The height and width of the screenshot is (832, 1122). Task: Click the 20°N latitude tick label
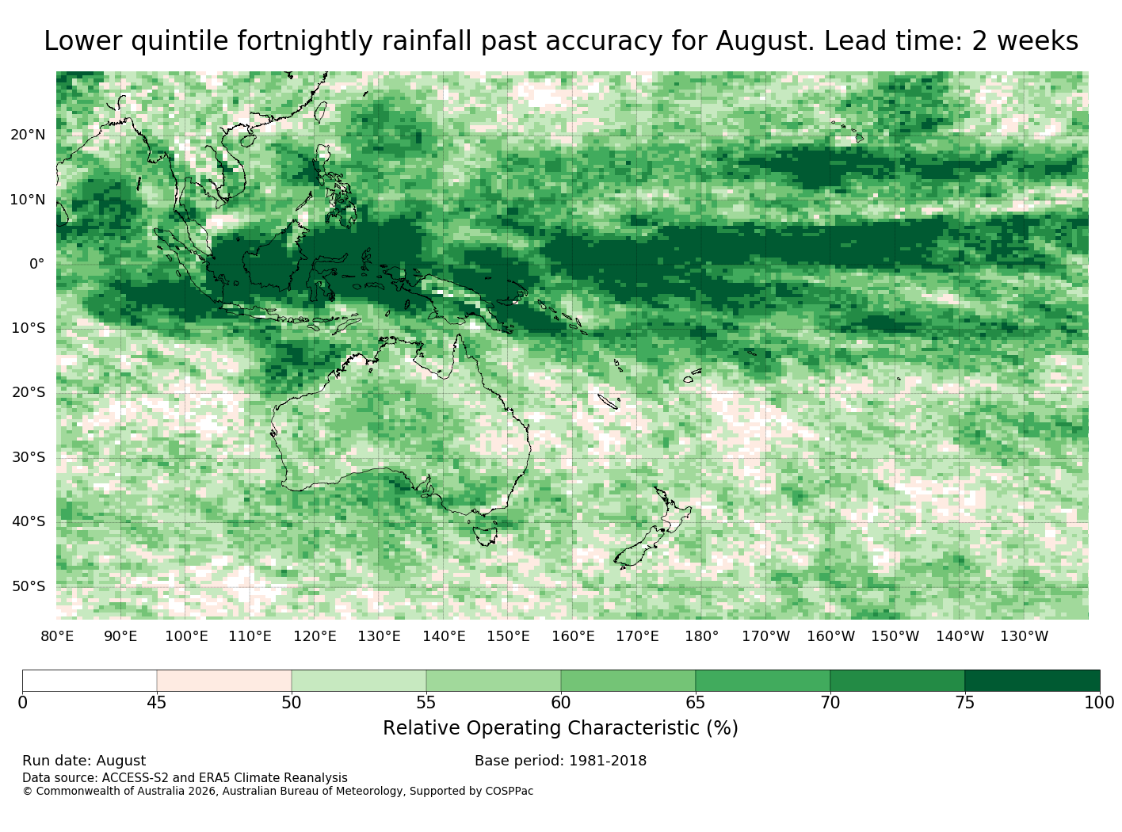[x=28, y=135]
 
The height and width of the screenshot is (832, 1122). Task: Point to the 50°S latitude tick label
[x=29, y=586]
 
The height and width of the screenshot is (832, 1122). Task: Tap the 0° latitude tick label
[x=37, y=264]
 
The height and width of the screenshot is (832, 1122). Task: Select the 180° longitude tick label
[x=701, y=636]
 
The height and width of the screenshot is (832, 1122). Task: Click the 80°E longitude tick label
[x=57, y=636]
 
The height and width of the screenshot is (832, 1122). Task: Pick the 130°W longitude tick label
[x=1024, y=636]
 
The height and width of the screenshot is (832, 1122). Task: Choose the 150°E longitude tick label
[x=508, y=636]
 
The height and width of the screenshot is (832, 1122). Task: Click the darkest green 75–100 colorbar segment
[x=1032, y=680]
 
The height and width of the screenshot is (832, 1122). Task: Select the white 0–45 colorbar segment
[x=90, y=680]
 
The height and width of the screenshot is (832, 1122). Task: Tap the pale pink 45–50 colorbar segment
[x=224, y=680]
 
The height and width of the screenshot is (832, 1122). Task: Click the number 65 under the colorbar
[x=695, y=702]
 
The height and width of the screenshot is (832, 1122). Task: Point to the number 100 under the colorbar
[x=1099, y=702]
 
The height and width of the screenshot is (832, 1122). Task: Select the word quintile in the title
[x=179, y=41]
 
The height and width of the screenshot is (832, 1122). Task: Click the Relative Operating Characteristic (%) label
[x=560, y=727]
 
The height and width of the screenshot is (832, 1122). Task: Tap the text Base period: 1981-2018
[x=560, y=761]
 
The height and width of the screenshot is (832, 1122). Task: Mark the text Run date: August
[x=84, y=761]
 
